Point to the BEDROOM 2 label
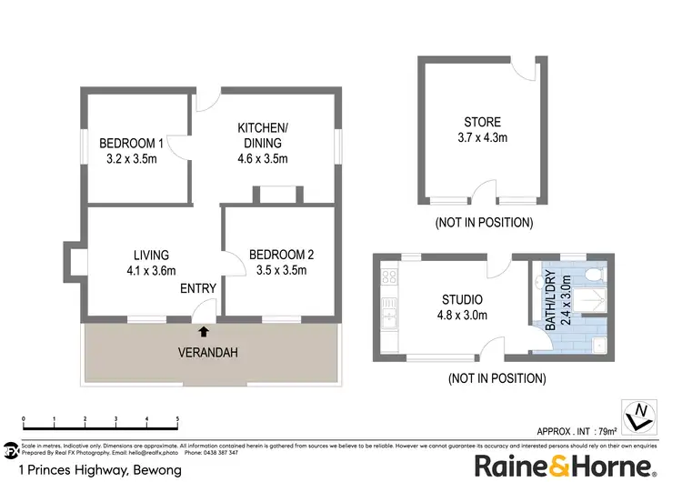click(277, 255)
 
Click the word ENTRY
click(198, 289)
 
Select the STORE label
click(482, 122)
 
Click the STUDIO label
click(462, 299)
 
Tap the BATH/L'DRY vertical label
click(548, 299)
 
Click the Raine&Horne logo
click(565, 466)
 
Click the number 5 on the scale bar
click(177, 420)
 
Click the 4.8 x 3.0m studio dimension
click(462, 316)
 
